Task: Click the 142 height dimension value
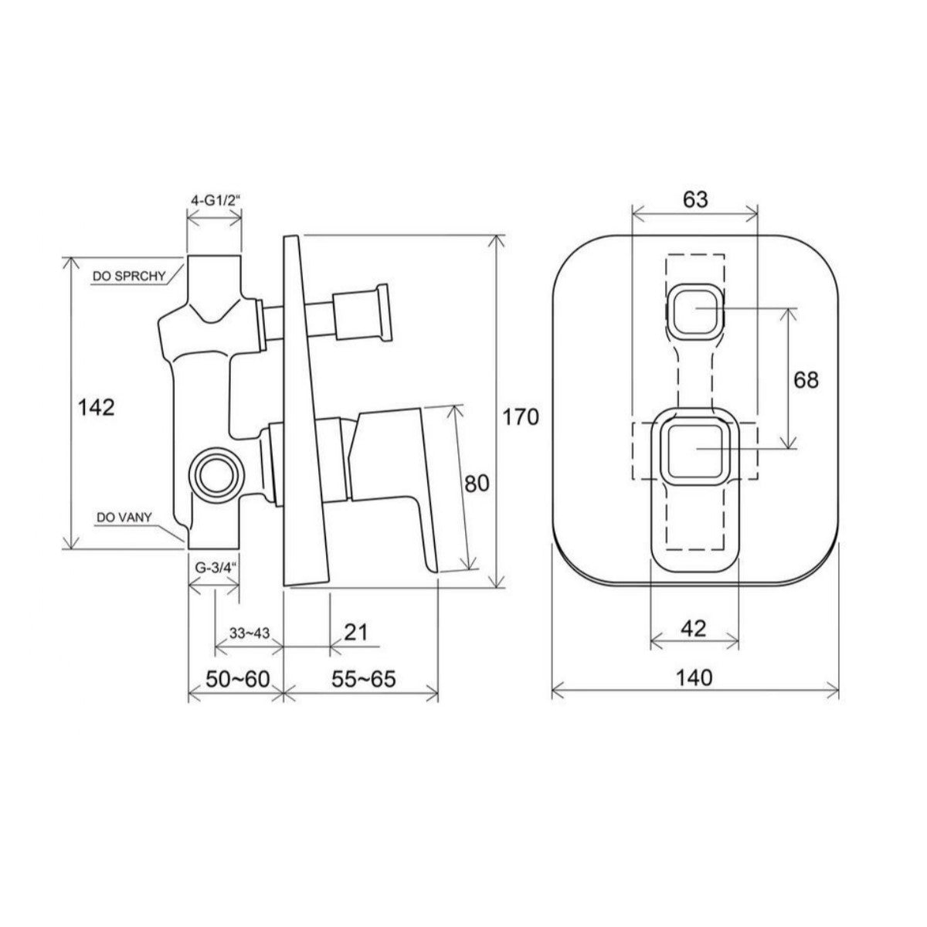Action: pos(97,408)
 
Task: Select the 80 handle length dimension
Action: pos(477,484)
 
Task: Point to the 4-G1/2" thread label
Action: pos(215,201)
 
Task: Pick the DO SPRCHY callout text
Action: pos(129,276)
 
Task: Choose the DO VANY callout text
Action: pos(124,518)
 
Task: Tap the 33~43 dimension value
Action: pos(250,633)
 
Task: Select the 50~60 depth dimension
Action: pos(238,679)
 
